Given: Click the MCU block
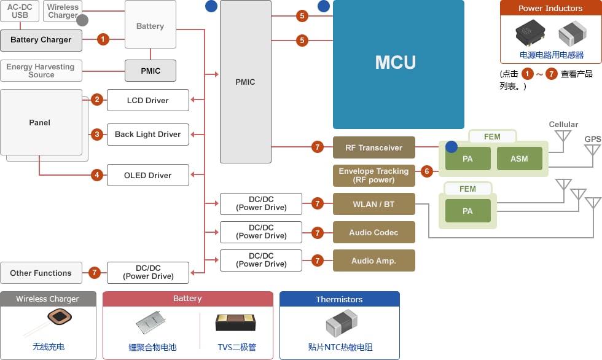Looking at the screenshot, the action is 399,64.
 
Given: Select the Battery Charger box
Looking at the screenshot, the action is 41,41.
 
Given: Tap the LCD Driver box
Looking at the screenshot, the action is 148,100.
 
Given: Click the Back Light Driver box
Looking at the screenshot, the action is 148,135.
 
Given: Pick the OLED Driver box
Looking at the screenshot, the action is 148,175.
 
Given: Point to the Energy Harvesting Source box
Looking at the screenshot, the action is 41,71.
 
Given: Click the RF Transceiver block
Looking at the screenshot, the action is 374,147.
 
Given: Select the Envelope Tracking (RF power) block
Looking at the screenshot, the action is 374,176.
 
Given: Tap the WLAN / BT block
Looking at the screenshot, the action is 374,204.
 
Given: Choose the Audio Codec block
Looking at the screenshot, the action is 374,232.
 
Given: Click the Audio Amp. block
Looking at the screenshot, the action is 374,260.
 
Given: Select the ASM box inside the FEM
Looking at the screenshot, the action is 520,158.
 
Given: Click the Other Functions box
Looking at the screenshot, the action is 41,273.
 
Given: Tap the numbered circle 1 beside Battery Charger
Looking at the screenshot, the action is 103,39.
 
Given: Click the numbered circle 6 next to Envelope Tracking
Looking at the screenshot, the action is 427,171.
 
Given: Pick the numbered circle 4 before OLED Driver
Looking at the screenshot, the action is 97,175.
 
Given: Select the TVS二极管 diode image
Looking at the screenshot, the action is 235,323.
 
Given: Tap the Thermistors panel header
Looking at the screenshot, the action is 339,299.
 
